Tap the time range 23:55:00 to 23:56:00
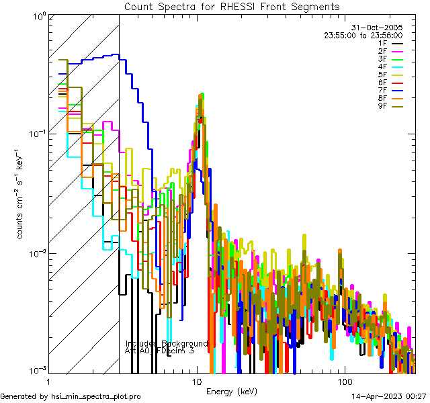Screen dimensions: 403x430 click(363, 35)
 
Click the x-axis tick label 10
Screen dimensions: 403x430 click(196, 381)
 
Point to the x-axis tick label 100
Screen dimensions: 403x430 click(344, 381)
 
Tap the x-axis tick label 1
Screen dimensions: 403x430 click(48, 381)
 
